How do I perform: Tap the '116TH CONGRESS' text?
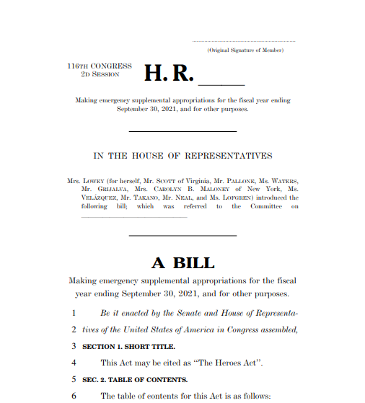click(x=100, y=66)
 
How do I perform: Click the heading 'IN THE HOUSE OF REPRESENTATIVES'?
click(x=182, y=156)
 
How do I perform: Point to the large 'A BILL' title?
click(x=182, y=262)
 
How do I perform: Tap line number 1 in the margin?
click(x=74, y=313)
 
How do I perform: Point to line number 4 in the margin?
click(x=74, y=363)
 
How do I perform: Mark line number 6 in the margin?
click(x=74, y=396)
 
